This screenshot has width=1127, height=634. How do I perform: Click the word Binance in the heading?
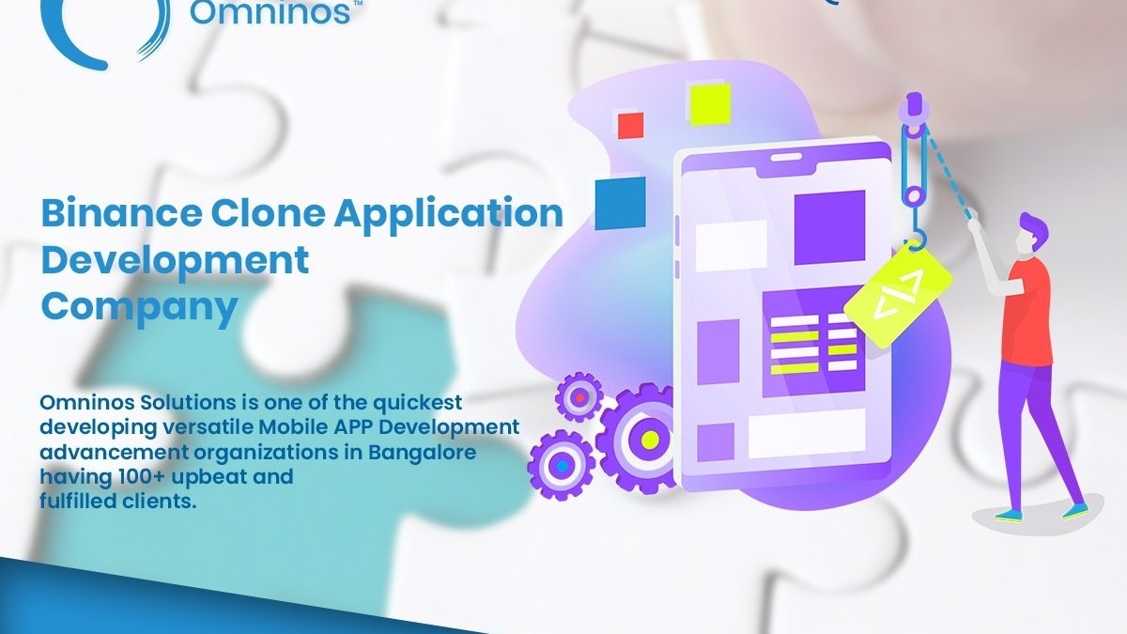point(121,213)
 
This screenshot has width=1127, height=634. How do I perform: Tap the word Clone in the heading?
point(269,213)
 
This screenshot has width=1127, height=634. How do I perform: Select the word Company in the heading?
point(139,307)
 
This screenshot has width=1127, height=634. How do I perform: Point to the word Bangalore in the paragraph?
point(422,452)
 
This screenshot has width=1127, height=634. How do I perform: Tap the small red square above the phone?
point(630,125)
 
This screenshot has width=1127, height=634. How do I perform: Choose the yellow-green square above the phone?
point(710,103)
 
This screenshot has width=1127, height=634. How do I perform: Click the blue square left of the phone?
point(621,203)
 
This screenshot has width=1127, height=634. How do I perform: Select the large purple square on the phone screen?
point(829,227)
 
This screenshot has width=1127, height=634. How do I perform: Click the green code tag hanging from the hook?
point(898,293)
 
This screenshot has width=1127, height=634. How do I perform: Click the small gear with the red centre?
point(579,397)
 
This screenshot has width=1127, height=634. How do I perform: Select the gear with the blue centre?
point(562,466)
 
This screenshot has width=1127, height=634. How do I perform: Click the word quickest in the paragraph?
point(418,403)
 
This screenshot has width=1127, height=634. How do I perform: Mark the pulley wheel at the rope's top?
point(915,131)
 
